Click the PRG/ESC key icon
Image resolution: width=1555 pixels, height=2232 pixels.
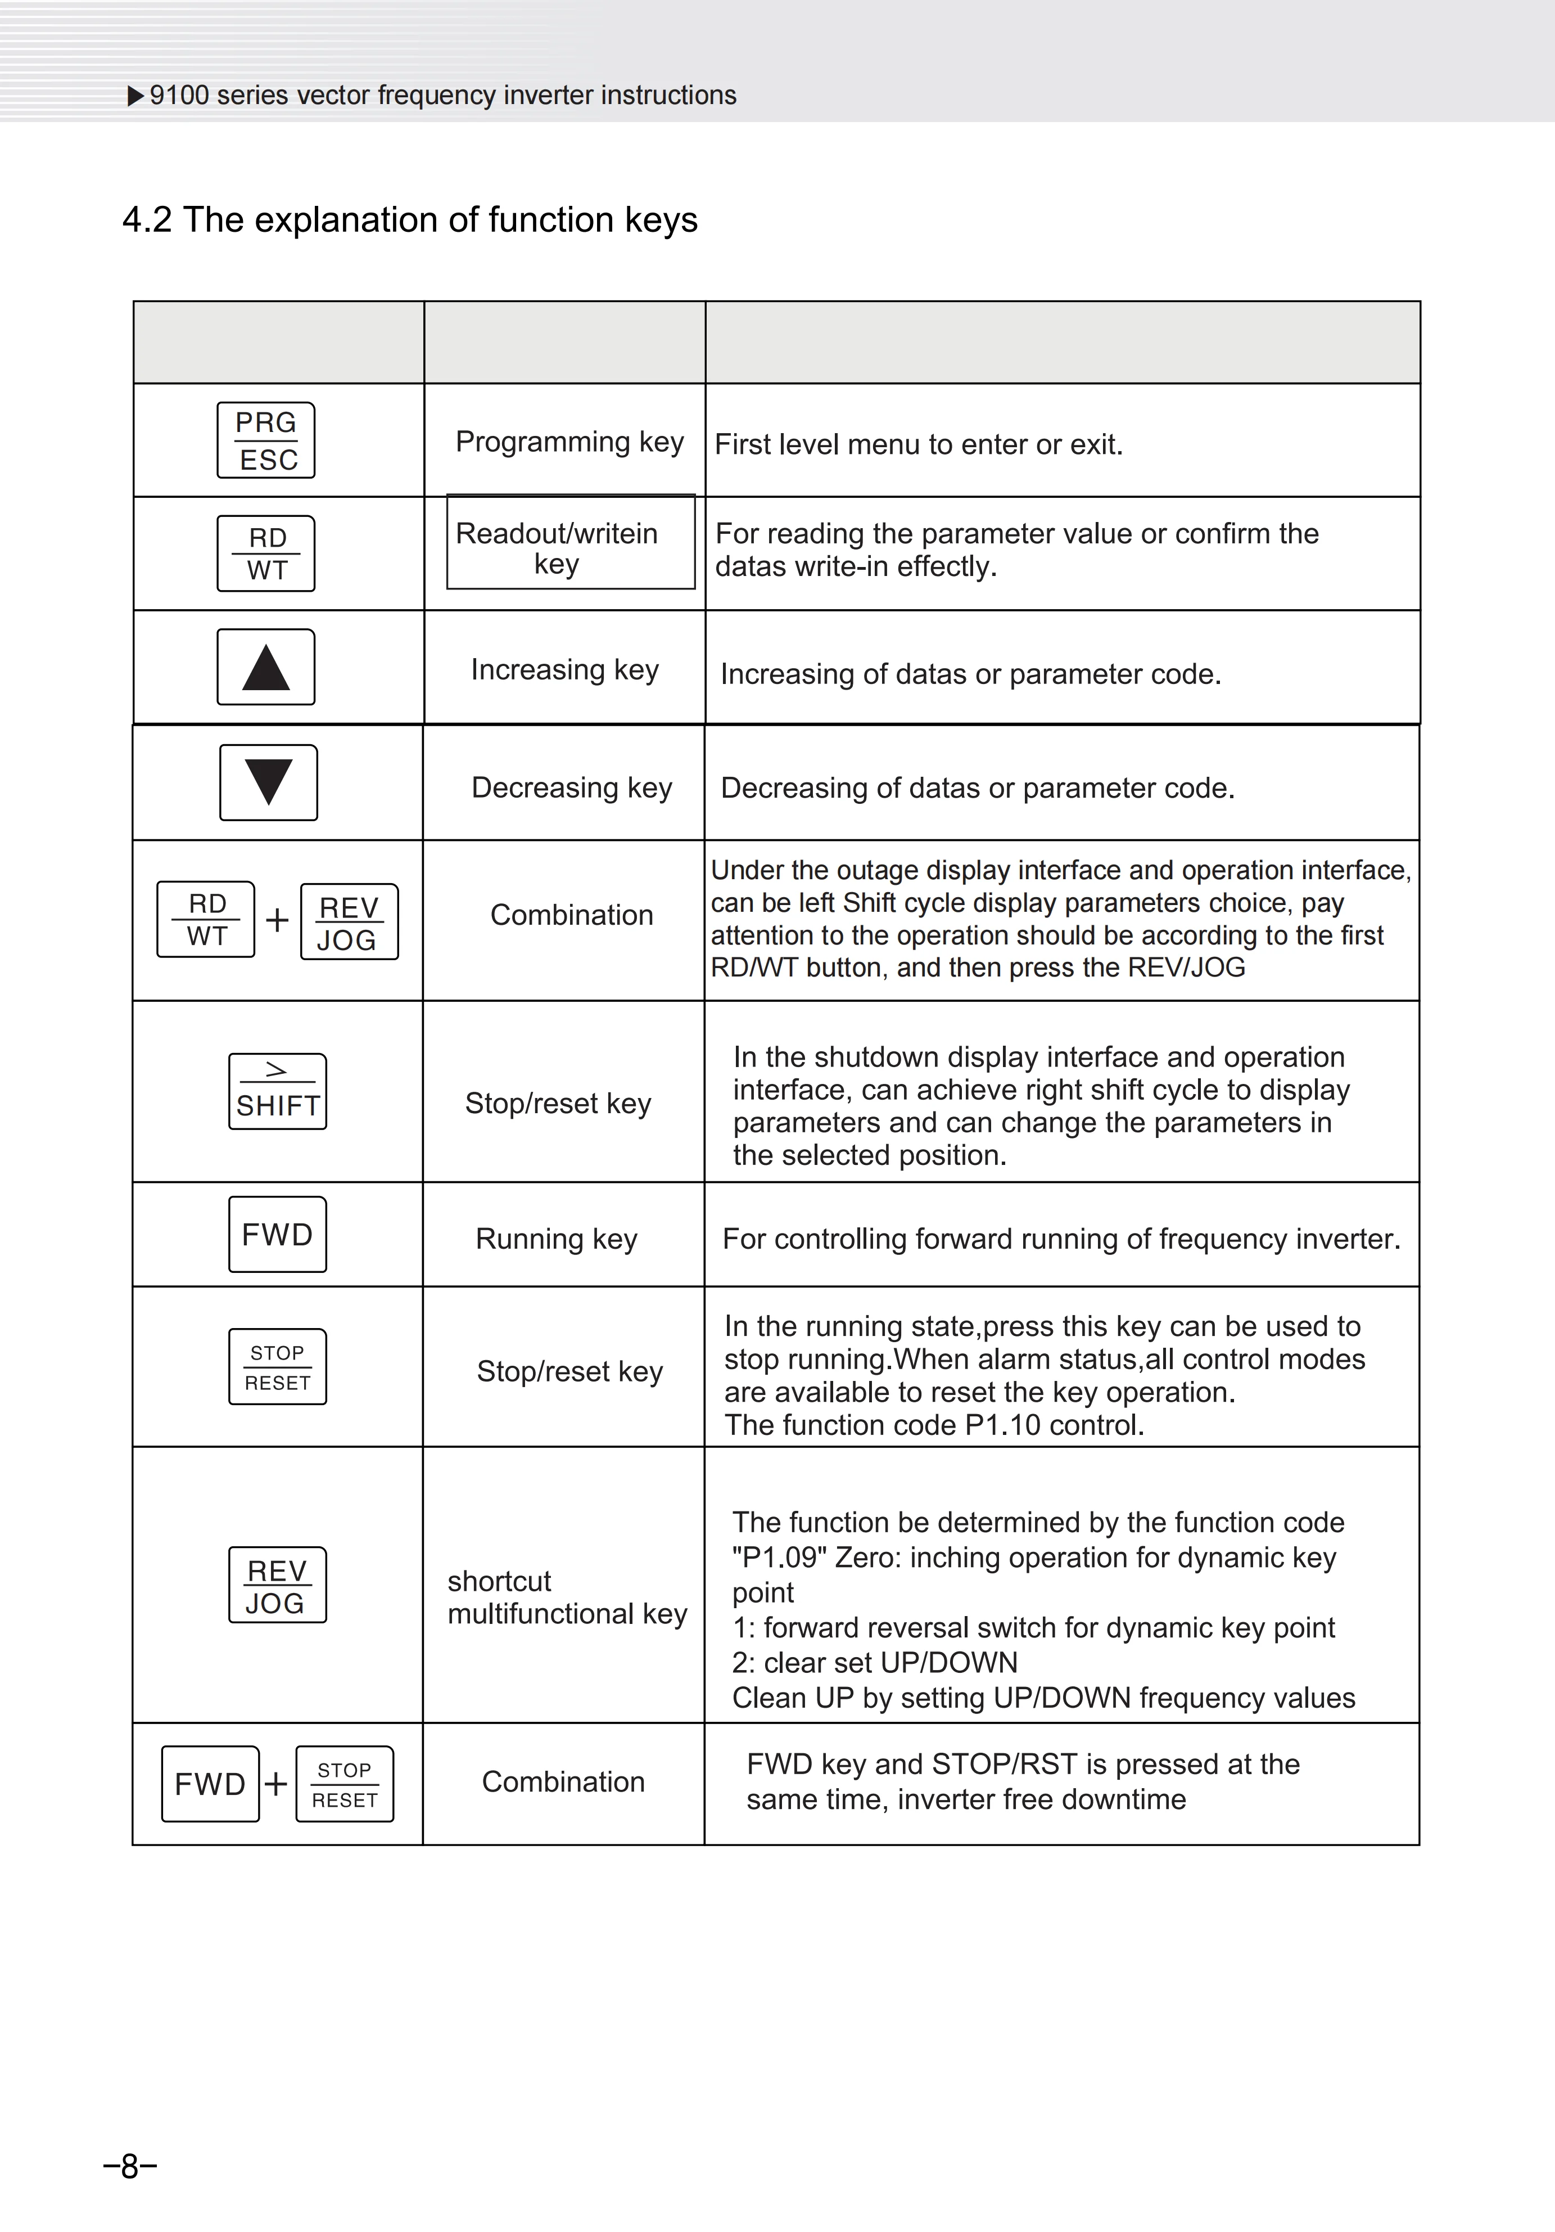[x=265, y=440]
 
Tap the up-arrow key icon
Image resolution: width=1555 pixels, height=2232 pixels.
[x=265, y=667]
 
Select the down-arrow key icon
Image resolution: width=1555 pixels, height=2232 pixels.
[x=268, y=782]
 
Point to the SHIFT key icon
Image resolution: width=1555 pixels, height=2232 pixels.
[x=277, y=1092]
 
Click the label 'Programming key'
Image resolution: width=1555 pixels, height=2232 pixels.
[x=569, y=442]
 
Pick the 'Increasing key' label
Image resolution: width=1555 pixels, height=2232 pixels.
[x=564, y=670]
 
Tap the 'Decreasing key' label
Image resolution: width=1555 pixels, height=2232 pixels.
[x=572, y=787]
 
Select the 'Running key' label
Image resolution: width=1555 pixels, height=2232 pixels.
[x=556, y=1239]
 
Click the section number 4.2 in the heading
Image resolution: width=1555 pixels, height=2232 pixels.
[x=147, y=220]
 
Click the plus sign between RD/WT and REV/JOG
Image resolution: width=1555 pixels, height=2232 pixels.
[x=277, y=920]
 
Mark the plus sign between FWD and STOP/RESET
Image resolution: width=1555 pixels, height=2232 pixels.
[x=276, y=1784]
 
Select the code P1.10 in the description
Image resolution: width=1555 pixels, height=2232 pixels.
[x=1001, y=1425]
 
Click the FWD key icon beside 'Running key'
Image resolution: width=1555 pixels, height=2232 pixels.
[x=277, y=1235]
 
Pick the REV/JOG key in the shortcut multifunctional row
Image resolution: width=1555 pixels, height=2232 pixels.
[x=277, y=1586]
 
